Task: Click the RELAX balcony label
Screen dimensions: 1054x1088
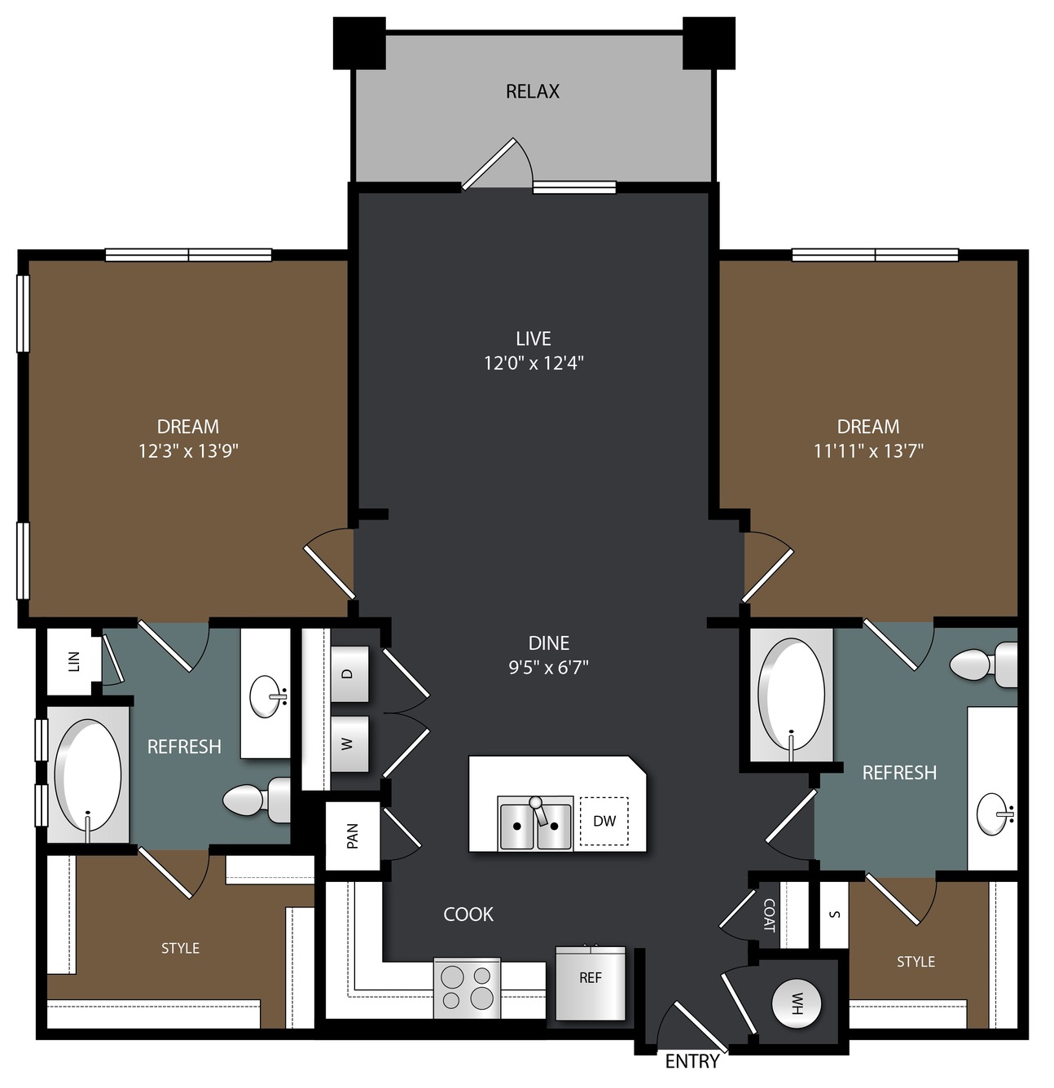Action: [x=533, y=91]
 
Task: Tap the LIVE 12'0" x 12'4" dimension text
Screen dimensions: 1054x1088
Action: [x=534, y=363]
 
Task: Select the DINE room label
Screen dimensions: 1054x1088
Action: [x=548, y=643]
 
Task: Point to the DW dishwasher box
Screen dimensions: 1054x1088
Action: [x=604, y=821]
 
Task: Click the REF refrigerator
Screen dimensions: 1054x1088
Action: [x=590, y=983]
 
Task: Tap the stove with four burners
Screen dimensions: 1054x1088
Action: [x=467, y=988]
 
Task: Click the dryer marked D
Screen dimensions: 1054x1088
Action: [x=349, y=673]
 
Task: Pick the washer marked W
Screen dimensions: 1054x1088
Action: [x=349, y=744]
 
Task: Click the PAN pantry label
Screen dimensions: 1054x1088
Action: [x=352, y=836]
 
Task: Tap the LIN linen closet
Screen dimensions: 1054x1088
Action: [x=74, y=661]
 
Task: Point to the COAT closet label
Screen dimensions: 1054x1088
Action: [x=770, y=915]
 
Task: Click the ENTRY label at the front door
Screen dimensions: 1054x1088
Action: [x=692, y=1060]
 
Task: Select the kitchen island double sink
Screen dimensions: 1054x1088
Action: [x=535, y=823]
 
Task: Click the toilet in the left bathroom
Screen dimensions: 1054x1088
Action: [x=256, y=800]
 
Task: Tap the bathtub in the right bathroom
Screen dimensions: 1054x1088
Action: [x=791, y=695]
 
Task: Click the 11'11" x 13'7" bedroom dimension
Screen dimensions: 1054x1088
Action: [x=867, y=450]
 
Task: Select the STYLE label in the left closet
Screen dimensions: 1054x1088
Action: [x=180, y=948]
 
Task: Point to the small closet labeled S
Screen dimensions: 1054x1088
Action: [x=834, y=915]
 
